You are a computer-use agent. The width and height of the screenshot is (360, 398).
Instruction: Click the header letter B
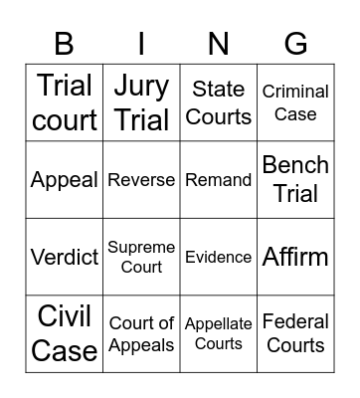[x=65, y=44]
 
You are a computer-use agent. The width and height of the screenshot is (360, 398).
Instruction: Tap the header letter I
[x=141, y=44]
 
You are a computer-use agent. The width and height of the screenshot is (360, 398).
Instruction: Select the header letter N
[x=219, y=44]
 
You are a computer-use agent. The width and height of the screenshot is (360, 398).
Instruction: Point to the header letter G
[x=295, y=44]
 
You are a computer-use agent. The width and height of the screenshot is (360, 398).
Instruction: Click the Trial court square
[x=65, y=102]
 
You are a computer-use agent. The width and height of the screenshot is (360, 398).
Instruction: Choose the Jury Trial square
[x=141, y=102]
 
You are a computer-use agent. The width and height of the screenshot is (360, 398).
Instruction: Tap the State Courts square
[x=219, y=102]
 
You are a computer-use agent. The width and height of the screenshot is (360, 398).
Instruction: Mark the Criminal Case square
[x=295, y=102]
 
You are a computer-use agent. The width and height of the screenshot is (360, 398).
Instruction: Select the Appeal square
[x=65, y=180]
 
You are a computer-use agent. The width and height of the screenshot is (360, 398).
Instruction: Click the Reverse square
[x=141, y=180]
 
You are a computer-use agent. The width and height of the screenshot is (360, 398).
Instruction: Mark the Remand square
[x=219, y=180]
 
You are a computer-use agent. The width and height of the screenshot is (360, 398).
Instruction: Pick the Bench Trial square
[x=295, y=180]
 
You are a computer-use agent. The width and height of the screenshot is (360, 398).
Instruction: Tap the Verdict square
[x=65, y=257]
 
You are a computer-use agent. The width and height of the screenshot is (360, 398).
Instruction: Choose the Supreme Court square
[x=141, y=257]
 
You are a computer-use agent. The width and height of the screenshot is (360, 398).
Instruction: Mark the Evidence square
[x=219, y=257]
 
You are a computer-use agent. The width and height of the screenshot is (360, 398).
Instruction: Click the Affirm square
[x=295, y=257]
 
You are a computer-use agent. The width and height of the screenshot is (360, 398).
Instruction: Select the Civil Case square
[x=65, y=333]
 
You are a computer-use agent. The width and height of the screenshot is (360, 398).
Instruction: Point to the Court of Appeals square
[x=141, y=333]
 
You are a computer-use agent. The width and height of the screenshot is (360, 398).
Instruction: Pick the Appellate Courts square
[x=219, y=333]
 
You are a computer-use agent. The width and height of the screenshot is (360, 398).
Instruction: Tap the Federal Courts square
[x=295, y=333]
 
